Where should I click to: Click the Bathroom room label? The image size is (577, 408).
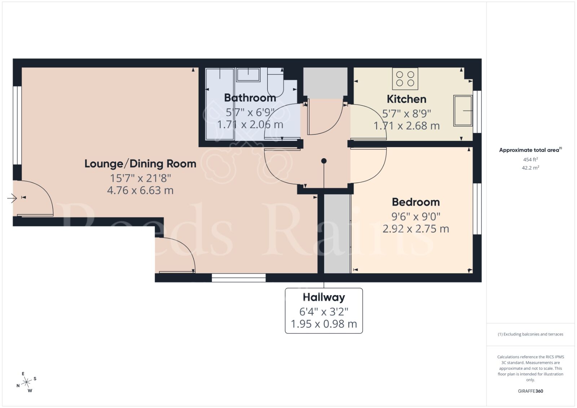tap(250, 98)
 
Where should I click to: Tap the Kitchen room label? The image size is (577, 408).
tap(406, 99)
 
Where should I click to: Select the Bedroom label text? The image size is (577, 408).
tap(416, 202)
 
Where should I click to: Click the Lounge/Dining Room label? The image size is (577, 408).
tap(140, 164)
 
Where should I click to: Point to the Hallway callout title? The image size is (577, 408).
tap(324, 297)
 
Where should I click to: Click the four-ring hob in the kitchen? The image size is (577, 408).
tap(405, 79)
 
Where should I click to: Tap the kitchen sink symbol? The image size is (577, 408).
tap(463, 111)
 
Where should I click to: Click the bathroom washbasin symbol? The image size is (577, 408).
tap(248, 75)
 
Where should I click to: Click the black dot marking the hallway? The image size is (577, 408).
tap(324, 161)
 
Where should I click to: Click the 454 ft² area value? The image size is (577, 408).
tap(530, 159)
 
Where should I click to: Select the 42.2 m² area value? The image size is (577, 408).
tap(530, 168)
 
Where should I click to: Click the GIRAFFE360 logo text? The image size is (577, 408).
tap(530, 391)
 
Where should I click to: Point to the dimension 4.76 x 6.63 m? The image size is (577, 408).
tap(140, 190)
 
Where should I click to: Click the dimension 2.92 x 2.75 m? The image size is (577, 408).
tap(416, 229)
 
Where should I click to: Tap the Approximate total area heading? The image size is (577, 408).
tap(529, 150)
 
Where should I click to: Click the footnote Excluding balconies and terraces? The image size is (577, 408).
tap(530, 334)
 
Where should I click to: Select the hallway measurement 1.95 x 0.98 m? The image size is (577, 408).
tap(324, 324)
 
